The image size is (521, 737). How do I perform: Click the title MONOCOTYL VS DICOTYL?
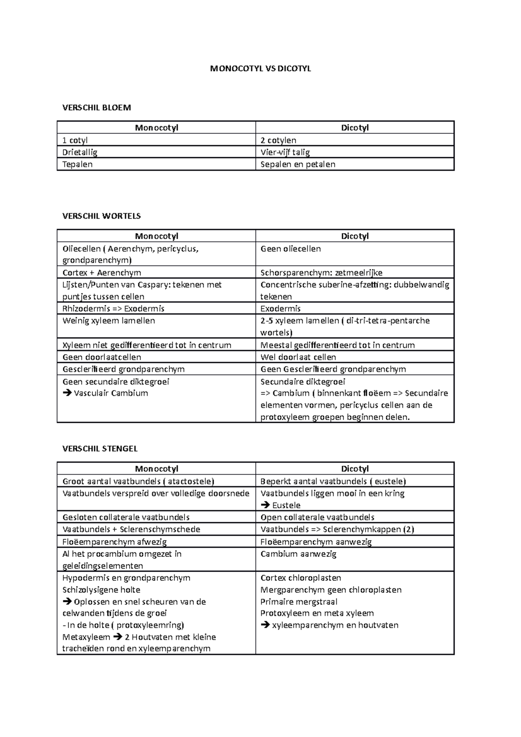260,69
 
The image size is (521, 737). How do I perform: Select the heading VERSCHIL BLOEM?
96,108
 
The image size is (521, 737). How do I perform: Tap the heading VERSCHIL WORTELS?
102,216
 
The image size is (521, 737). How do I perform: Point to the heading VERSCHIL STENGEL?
100,449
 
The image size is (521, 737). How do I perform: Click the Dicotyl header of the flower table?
355,128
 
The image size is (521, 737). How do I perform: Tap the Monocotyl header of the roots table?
156,236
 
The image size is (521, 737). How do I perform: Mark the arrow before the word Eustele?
265,505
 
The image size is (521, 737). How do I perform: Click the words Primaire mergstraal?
299,602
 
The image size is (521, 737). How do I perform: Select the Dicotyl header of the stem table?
355,469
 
